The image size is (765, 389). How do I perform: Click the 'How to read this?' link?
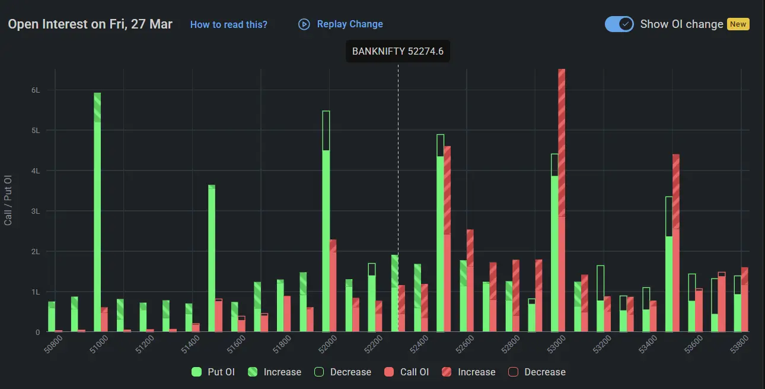[228, 24]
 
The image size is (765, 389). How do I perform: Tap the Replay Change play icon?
[304, 24]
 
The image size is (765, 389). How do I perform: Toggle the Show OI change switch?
[619, 24]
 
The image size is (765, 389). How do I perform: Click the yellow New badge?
[738, 24]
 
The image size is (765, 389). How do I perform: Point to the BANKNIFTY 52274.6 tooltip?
[397, 51]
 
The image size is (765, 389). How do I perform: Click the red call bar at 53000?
[562, 202]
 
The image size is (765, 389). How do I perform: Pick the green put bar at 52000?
[326, 238]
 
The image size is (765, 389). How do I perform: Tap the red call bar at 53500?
[676, 243]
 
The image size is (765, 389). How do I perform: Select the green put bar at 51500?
[212, 258]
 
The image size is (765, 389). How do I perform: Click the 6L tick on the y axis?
[36, 90]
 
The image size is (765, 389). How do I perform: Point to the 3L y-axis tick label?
[36, 211]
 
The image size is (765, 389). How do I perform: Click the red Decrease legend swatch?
[514, 372]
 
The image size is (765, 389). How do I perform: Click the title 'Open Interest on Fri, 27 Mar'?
[90, 24]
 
